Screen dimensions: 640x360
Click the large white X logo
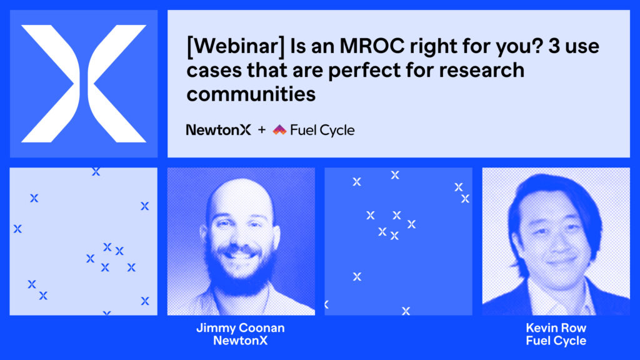click(84, 84)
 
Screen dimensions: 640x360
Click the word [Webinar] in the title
click(236, 46)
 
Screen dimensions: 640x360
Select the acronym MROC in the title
click(372, 46)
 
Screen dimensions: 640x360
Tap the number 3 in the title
click(554, 46)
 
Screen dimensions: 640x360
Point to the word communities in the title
click(251, 94)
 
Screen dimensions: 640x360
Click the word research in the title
click(482, 70)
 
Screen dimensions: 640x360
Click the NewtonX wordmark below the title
click(218, 130)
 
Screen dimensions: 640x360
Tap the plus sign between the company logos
click(262, 130)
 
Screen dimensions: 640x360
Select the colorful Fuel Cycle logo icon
click(279, 130)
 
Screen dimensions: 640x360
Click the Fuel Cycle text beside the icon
click(322, 130)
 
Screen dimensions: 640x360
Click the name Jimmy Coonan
click(241, 327)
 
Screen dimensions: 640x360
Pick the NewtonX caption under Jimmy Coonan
click(241, 341)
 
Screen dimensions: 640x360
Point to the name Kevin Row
click(556, 327)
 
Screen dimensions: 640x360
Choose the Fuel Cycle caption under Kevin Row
click(556, 341)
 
